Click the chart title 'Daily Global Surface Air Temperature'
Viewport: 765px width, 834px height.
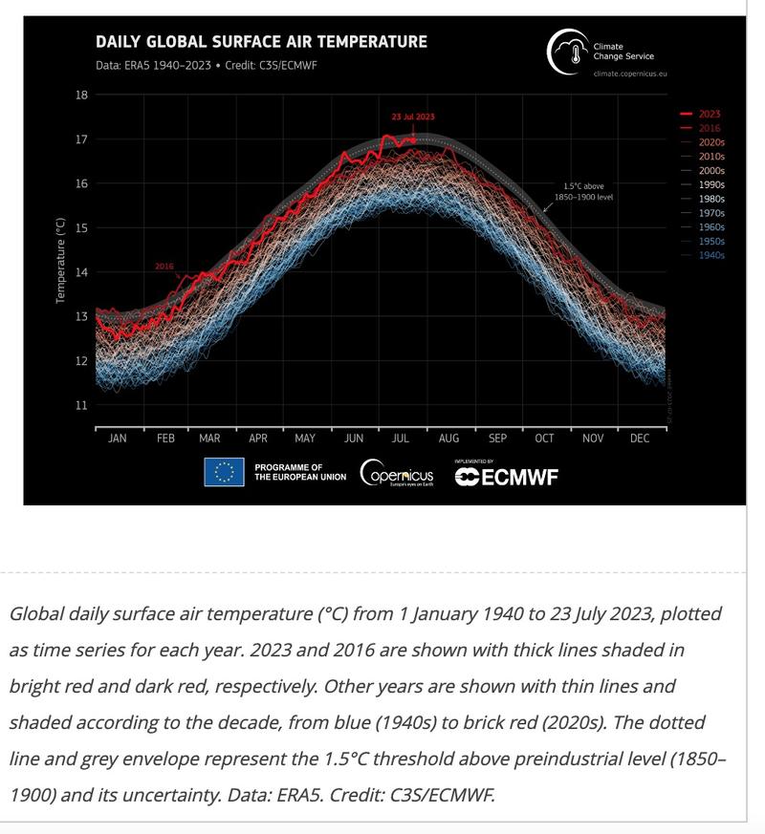tap(260, 42)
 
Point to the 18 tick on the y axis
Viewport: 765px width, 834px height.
tap(81, 95)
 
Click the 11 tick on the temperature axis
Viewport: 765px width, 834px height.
tap(81, 405)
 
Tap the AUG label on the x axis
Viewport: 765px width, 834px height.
tap(448, 438)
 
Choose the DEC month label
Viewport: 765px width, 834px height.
tap(640, 438)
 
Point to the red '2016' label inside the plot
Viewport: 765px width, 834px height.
tap(164, 267)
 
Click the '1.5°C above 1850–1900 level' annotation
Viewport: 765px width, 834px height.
tap(583, 191)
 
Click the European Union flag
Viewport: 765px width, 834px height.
tap(224, 472)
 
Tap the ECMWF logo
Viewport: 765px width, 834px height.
tap(506, 475)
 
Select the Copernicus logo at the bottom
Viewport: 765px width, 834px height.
tap(397, 473)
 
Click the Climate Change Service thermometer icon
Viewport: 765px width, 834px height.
tap(565, 52)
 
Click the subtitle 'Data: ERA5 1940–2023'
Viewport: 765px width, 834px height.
tap(156, 66)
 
